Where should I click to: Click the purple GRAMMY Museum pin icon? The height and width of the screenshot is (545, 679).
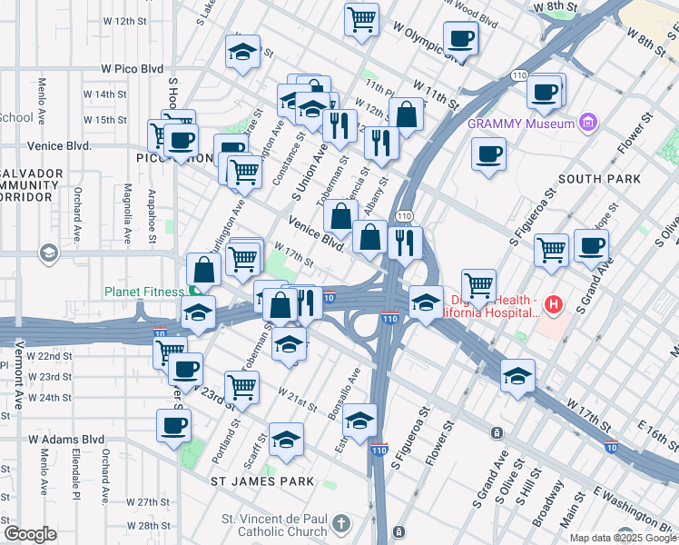589,123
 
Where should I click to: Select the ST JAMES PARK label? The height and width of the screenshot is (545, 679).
262,481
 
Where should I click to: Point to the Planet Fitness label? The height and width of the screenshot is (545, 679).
145,292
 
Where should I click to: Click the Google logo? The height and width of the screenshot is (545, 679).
30,534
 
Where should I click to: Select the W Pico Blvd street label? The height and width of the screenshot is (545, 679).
132,68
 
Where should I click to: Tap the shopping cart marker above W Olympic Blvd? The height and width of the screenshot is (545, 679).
361,20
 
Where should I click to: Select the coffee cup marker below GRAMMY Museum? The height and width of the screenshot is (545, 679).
488,153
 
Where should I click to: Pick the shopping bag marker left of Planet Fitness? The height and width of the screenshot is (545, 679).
203,270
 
